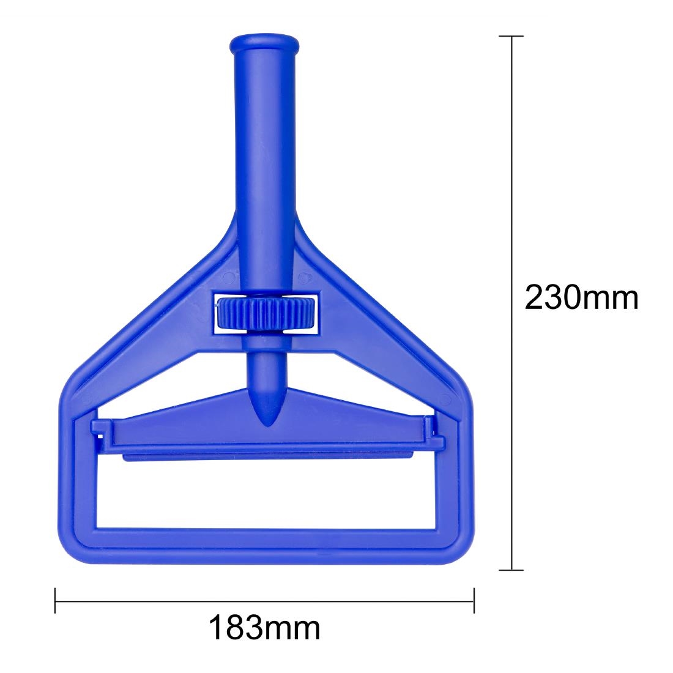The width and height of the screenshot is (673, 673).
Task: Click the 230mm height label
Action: (582, 299)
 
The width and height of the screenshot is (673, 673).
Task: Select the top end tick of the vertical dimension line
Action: (511, 37)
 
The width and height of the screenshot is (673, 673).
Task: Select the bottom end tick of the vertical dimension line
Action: (511, 570)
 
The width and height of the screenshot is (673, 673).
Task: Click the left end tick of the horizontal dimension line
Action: (56, 600)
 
